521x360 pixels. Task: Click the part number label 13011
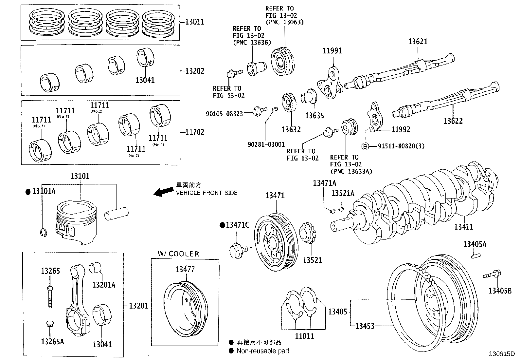click(x=194, y=22)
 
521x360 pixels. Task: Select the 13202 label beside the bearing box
click(x=194, y=71)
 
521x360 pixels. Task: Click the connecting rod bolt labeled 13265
click(x=50, y=296)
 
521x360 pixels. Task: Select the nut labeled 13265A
click(x=49, y=325)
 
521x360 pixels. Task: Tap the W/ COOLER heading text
click(x=178, y=254)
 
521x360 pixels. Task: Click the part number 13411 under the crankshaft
click(x=463, y=227)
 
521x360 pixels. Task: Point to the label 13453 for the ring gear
click(x=365, y=326)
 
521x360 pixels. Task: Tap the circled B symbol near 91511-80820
click(x=365, y=146)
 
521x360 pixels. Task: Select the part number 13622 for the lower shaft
click(x=453, y=121)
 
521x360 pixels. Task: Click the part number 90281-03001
click(x=266, y=144)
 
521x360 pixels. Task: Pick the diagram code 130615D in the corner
click(x=502, y=354)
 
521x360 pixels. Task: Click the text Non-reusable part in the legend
click(x=263, y=351)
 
